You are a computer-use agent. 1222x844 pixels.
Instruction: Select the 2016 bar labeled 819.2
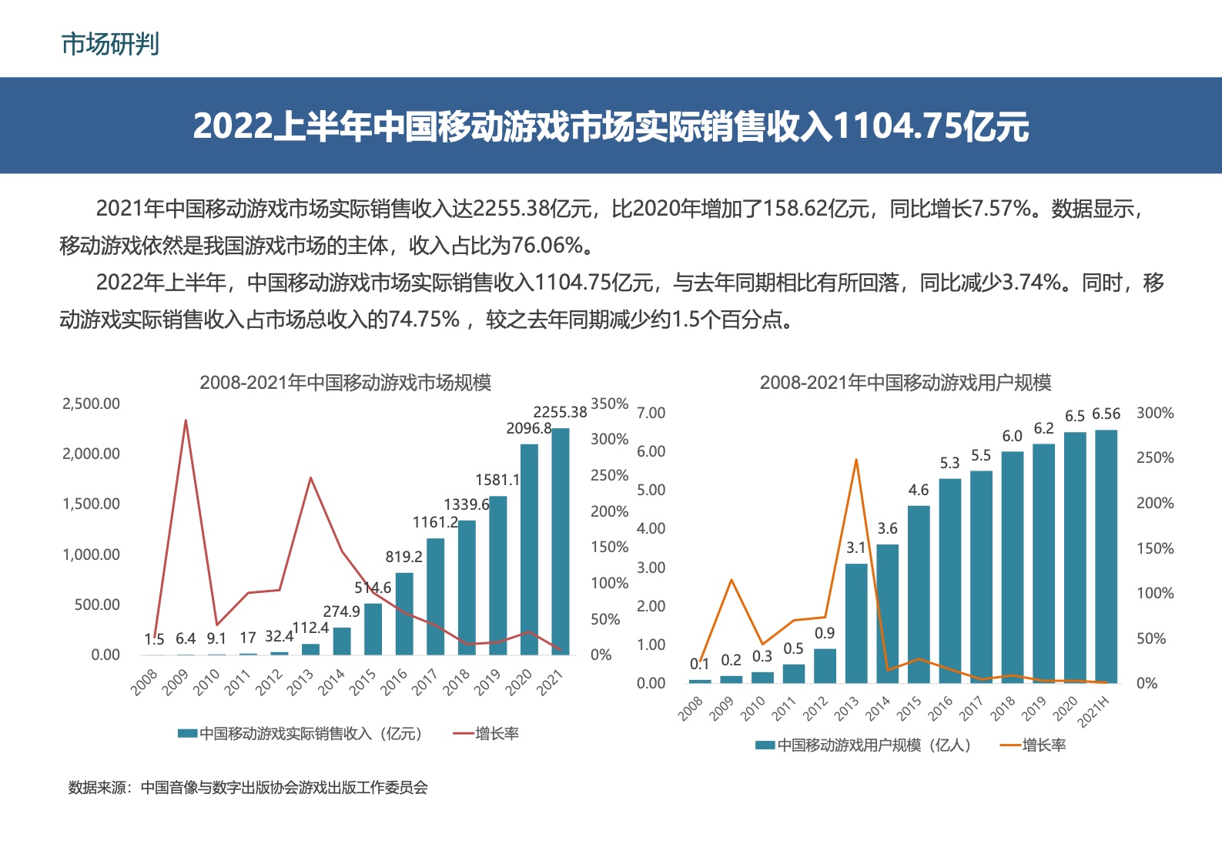click(x=404, y=614)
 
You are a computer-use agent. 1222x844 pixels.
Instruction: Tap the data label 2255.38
click(x=560, y=413)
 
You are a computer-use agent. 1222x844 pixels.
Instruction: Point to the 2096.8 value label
click(x=528, y=429)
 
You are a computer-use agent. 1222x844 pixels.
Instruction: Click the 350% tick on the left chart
click(x=609, y=404)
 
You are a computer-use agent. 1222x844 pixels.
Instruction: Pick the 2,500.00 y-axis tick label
click(x=91, y=404)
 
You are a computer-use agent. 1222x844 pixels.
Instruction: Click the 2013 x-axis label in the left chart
click(x=300, y=682)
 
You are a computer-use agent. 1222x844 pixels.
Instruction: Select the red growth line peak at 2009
click(x=186, y=420)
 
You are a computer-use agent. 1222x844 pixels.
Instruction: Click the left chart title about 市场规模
click(x=345, y=383)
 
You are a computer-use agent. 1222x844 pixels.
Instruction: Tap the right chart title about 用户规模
click(x=905, y=383)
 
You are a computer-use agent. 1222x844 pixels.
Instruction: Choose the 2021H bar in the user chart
click(x=1106, y=556)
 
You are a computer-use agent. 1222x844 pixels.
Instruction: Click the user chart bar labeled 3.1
click(x=856, y=623)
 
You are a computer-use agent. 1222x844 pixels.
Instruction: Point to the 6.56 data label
click(x=1106, y=414)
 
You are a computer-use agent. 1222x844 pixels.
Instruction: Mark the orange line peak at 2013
click(x=856, y=460)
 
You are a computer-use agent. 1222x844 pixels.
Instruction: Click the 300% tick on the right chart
click(x=1155, y=414)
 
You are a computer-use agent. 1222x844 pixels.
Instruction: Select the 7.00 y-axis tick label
click(x=651, y=414)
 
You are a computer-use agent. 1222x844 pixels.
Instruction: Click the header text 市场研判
click(x=110, y=45)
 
